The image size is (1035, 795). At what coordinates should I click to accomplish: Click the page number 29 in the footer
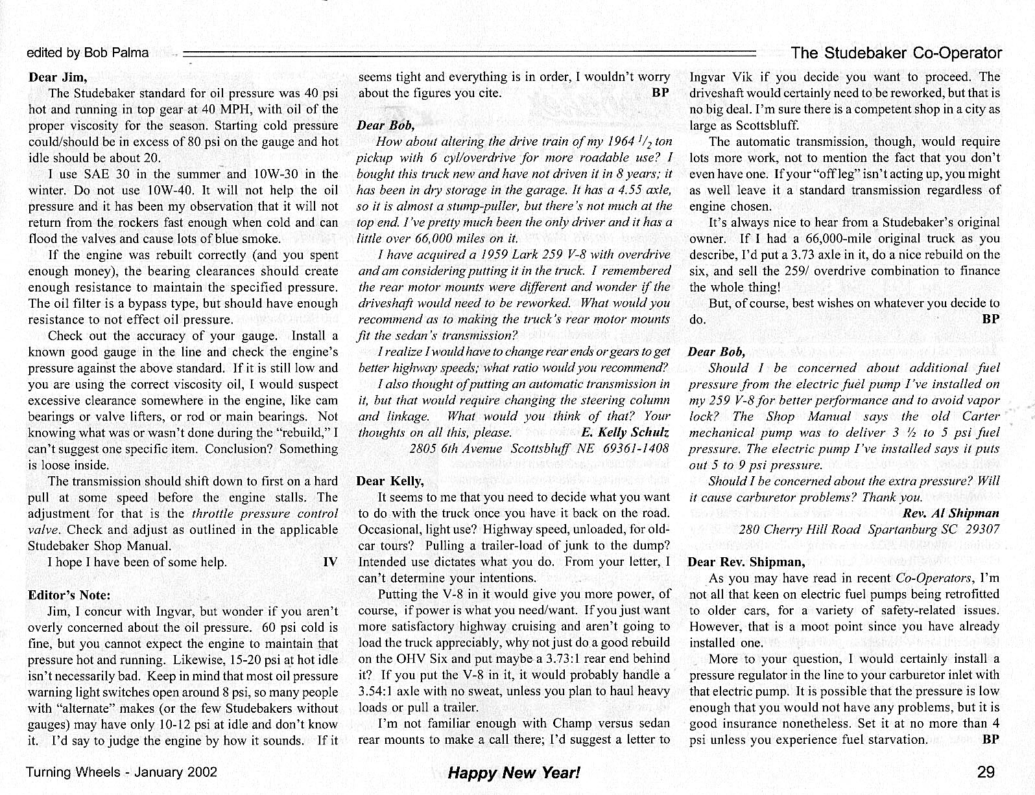(x=985, y=772)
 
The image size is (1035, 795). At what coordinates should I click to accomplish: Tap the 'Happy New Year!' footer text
(x=514, y=772)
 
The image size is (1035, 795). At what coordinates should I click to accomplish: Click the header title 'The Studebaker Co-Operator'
(x=897, y=53)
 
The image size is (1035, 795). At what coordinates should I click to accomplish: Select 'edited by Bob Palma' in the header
(x=88, y=53)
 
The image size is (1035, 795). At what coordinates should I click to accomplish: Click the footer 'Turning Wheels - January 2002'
(x=121, y=772)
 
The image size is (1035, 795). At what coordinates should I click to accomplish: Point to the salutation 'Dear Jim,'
(x=57, y=77)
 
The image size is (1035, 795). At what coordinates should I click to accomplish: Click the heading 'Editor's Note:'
(x=69, y=595)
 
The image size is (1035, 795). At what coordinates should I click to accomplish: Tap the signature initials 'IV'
(x=329, y=562)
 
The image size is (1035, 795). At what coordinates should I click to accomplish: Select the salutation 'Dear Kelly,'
(x=390, y=481)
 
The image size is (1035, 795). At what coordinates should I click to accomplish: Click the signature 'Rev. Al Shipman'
(x=951, y=513)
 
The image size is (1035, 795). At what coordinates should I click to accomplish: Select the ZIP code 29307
(x=982, y=529)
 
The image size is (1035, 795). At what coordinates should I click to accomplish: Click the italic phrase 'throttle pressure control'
(x=265, y=514)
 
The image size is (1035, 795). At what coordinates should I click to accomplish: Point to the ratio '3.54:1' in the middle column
(x=377, y=691)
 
